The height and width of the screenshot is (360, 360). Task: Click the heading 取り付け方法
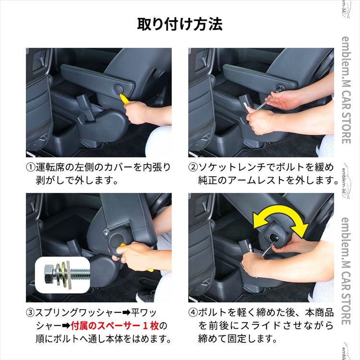(180, 24)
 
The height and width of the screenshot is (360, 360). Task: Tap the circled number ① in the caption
(31, 167)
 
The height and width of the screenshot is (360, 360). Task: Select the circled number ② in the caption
(193, 167)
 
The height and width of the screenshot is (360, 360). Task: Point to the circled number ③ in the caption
(31, 312)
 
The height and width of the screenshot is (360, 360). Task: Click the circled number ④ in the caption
(193, 312)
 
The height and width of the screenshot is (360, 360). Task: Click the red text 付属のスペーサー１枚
(115, 326)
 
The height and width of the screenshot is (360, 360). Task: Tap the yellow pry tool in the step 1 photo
(125, 99)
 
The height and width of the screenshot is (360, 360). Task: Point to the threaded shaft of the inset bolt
(80, 274)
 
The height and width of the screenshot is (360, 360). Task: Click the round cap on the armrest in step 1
(119, 88)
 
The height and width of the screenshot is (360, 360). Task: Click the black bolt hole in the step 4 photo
(275, 238)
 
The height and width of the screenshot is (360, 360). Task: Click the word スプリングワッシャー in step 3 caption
(79, 312)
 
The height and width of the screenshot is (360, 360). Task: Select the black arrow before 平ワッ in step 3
(126, 312)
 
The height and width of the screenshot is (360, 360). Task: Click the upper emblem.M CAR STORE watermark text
(346, 90)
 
